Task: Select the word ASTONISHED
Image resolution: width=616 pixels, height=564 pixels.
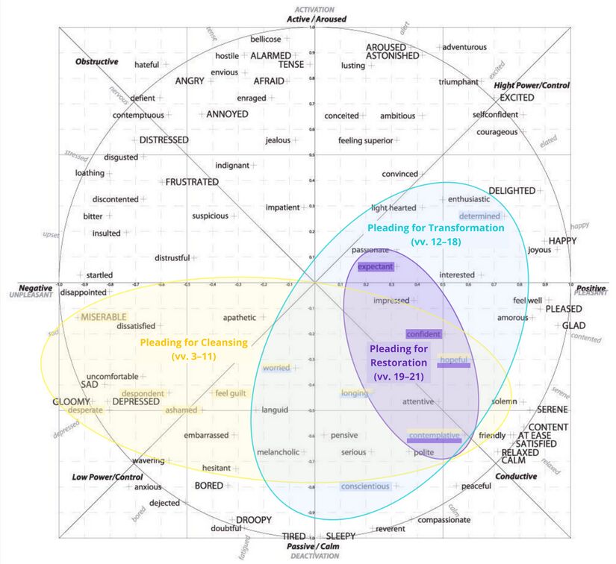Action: [x=392, y=56]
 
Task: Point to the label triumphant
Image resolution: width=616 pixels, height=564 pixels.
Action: [x=458, y=82]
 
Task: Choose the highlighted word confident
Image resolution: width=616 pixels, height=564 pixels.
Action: [x=423, y=334]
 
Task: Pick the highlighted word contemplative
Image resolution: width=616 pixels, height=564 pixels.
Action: [x=434, y=436]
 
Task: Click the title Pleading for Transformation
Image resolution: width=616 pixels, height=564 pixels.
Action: [x=436, y=228]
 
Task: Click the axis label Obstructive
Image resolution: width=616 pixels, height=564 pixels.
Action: [x=96, y=62]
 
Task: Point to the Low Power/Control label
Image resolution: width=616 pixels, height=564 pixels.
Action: [x=108, y=477]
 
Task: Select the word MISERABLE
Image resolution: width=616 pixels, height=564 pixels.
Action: [x=104, y=317]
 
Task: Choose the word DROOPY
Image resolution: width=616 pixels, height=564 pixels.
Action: [x=254, y=520]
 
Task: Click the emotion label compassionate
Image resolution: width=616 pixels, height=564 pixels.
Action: [x=444, y=520]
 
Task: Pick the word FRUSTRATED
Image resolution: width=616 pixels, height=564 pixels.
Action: [x=192, y=182]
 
